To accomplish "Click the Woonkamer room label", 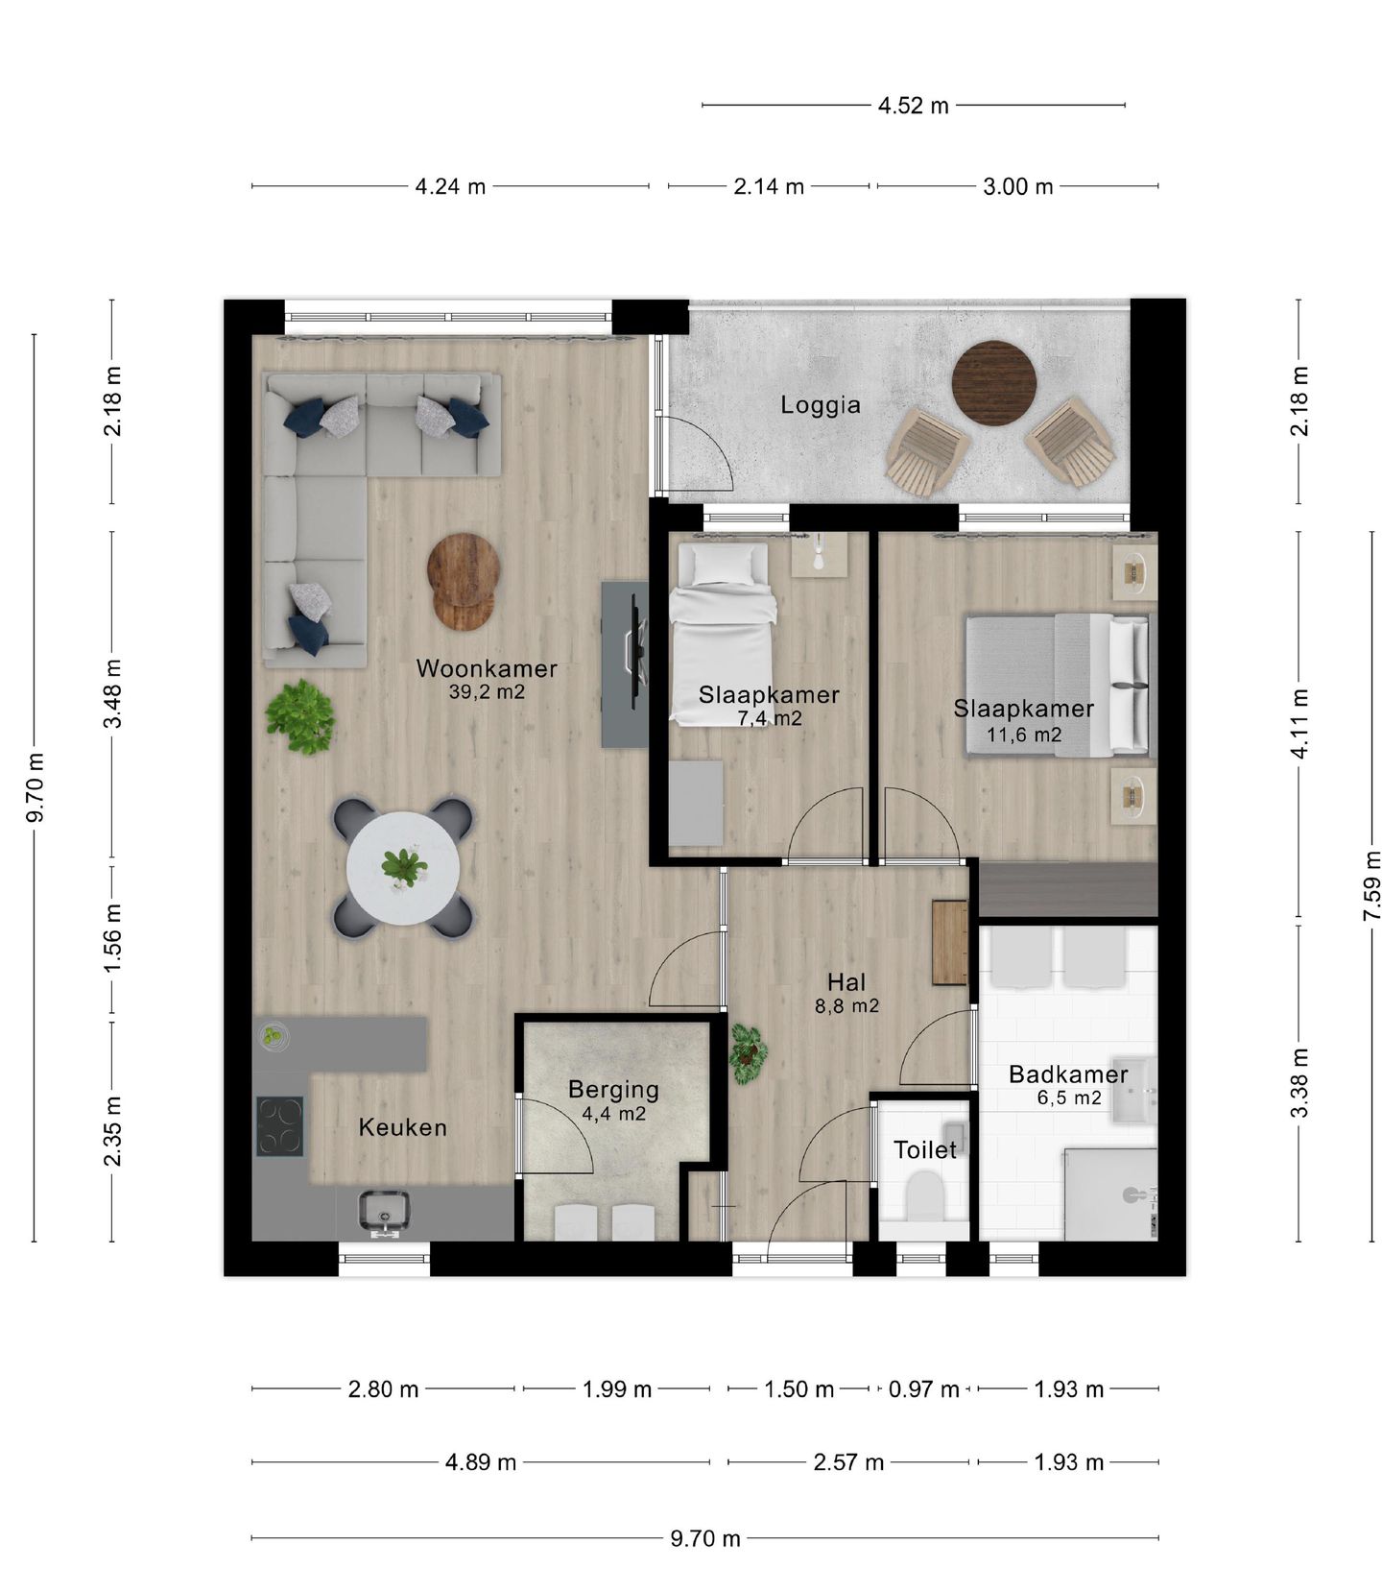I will tap(486, 668).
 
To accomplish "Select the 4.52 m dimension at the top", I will tap(913, 106).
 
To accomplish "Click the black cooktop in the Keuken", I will tap(279, 1126).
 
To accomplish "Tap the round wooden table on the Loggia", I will tap(993, 383).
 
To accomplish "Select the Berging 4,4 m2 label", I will tap(613, 1100).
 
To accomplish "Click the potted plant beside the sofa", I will tap(300, 716).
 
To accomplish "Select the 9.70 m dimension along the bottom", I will tap(704, 1538).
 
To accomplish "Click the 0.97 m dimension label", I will tap(923, 1389).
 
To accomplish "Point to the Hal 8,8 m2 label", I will tap(846, 993).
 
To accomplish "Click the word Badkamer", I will tap(1067, 1074).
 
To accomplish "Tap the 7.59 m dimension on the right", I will tap(1372, 884).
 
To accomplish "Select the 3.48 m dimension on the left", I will tap(112, 693).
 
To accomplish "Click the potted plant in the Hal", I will tap(747, 1052).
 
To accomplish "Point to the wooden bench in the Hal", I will tap(949, 943).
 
